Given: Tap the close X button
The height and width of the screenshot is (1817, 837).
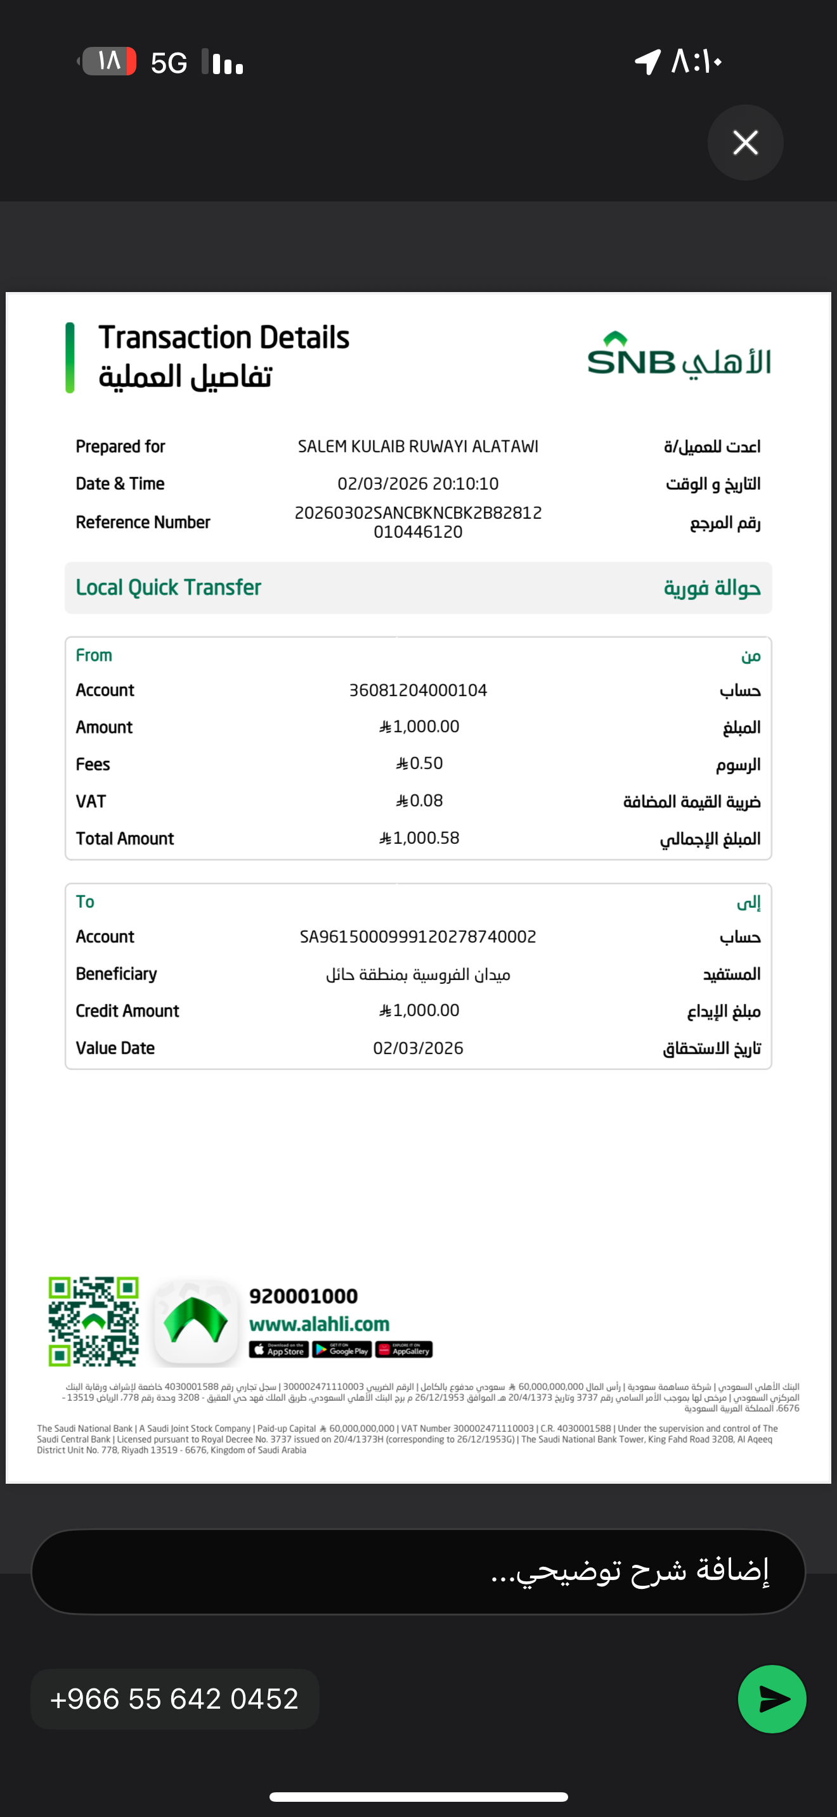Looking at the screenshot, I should pyautogui.click(x=745, y=143).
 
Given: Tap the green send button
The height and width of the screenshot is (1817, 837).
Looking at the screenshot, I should pyautogui.click(x=772, y=1699).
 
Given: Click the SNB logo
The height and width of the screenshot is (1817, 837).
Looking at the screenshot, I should pyautogui.click(x=678, y=357).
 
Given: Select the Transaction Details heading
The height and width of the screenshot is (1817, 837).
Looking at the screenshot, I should pyautogui.click(x=224, y=338).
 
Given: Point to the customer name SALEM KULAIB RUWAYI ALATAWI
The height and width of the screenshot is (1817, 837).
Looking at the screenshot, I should pyautogui.click(x=418, y=447).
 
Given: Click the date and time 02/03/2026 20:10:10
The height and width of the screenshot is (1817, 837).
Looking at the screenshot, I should pyautogui.click(x=418, y=484).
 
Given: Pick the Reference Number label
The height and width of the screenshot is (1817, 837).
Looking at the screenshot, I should pyautogui.click(x=143, y=522).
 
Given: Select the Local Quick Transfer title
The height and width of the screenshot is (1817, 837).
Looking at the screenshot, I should pyautogui.click(x=169, y=587).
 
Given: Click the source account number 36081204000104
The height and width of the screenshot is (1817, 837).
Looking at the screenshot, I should pyautogui.click(x=418, y=690).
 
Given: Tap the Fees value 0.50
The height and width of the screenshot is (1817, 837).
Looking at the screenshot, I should pyautogui.click(x=420, y=764).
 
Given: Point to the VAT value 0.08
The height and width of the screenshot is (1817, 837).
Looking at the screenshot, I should pyautogui.click(x=420, y=801).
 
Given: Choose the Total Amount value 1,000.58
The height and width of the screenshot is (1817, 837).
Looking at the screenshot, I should pyautogui.click(x=420, y=838).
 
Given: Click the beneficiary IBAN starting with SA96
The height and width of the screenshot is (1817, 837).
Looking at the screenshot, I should pyautogui.click(x=418, y=937).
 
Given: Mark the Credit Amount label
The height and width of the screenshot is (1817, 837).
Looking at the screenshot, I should pyautogui.click(x=127, y=1011).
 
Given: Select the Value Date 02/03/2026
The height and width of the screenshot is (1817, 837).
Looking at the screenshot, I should pyautogui.click(x=418, y=1048).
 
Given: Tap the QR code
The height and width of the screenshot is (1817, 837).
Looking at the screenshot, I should pyautogui.click(x=93, y=1320).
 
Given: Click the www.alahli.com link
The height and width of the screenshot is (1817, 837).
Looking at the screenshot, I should pyautogui.click(x=319, y=1324).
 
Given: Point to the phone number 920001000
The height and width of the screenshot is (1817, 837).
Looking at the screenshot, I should pyautogui.click(x=304, y=1296).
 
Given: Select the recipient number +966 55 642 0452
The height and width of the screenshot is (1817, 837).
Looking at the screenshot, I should pyautogui.click(x=174, y=1699).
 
